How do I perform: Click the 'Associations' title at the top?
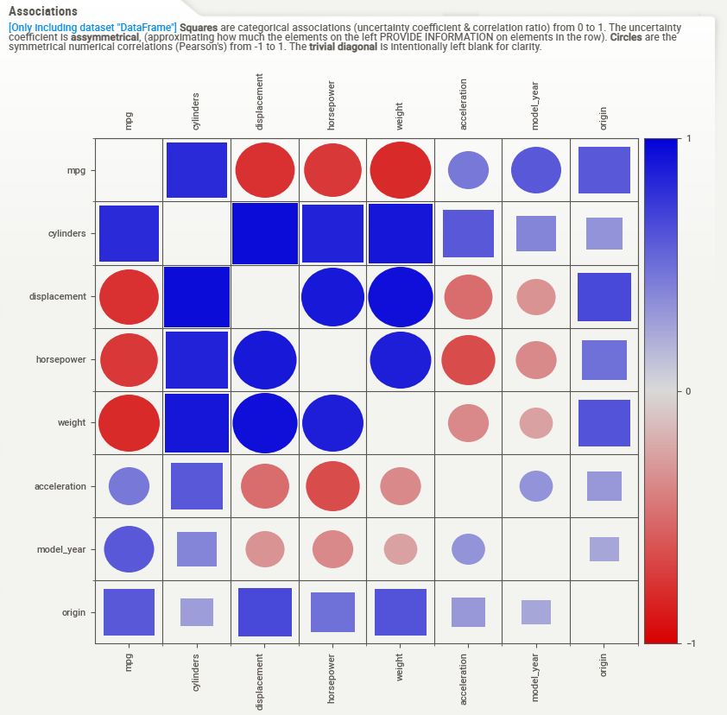point(42,11)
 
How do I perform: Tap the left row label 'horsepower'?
point(60,359)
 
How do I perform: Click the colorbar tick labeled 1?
point(687,139)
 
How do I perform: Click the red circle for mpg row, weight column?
point(400,170)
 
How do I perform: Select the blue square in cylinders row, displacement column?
point(265,233)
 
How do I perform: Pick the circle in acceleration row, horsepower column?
point(332,486)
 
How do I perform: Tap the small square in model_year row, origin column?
point(604,549)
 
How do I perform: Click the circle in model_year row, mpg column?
point(129,549)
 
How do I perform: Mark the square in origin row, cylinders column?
point(197,612)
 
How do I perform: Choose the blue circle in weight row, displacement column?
point(265,423)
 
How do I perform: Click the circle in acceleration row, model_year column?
point(536,486)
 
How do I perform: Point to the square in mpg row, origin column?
point(604,170)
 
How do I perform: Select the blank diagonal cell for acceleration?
point(468,486)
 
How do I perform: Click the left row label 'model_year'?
point(61,549)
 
